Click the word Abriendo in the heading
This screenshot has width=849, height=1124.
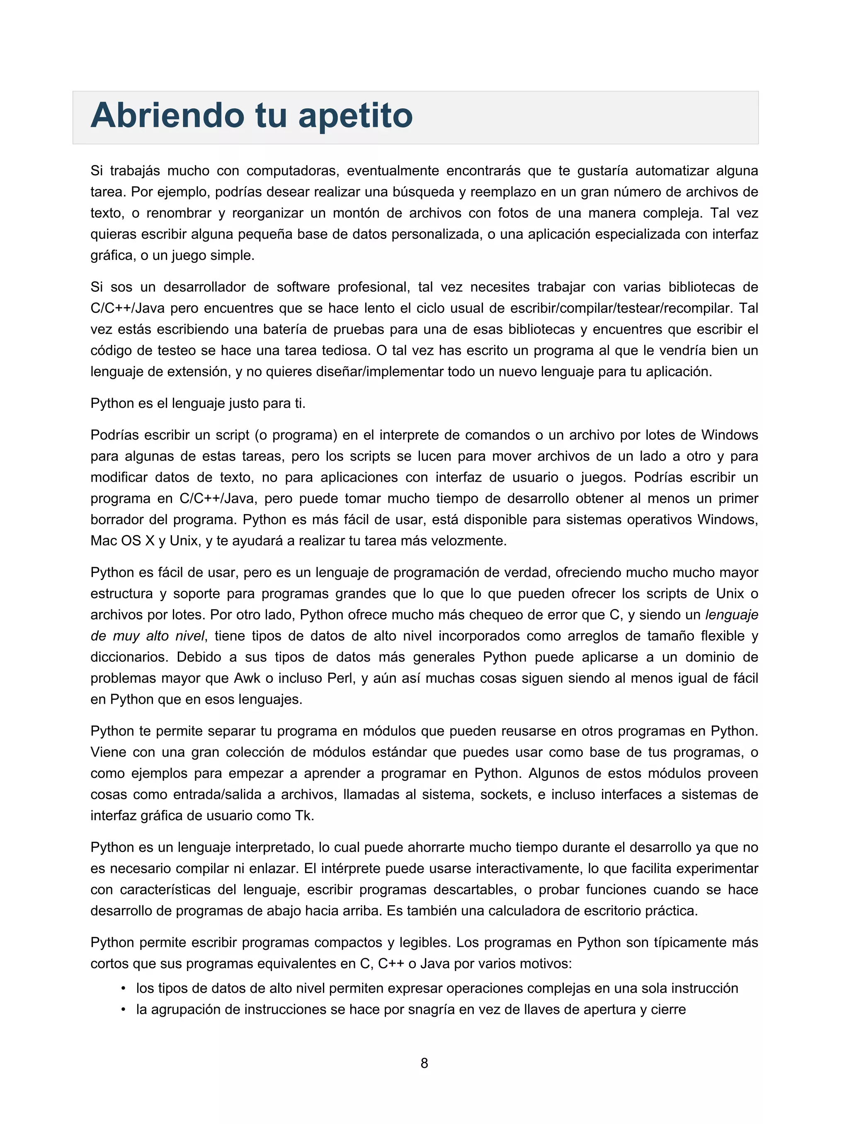point(167,116)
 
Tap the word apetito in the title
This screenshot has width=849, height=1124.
point(355,116)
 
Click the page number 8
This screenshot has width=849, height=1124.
point(424,1063)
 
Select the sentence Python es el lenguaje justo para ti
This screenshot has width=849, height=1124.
point(198,403)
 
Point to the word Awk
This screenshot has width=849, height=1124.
point(247,678)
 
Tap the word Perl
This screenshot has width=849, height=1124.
point(340,678)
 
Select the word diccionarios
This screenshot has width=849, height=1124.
point(129,657)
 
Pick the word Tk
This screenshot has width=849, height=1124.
point(304,816)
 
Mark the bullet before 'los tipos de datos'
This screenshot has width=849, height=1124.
point(123,988)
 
